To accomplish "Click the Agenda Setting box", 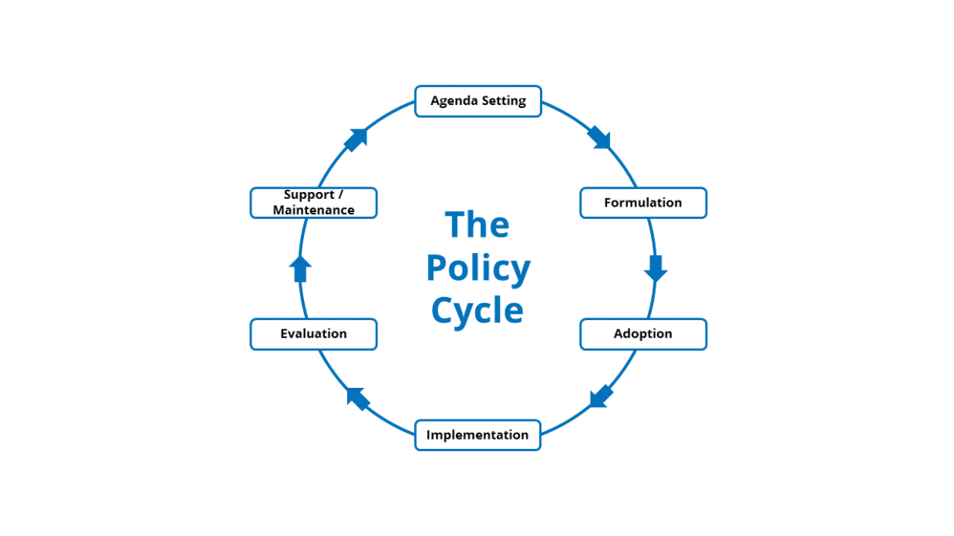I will (x=478, y=101).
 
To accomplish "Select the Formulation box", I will (x=643, y=203).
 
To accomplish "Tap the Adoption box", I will (x=643, y=334).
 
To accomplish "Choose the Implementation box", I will (x=478, y=436).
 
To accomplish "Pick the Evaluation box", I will (x=314, y=334).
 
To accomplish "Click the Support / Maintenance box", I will (x=314, y=203).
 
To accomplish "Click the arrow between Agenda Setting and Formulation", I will (x=599, y=138).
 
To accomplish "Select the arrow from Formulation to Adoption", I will (x=655, y=268).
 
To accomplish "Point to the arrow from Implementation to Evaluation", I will (x=358, y=397).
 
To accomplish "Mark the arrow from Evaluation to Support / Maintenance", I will (x=300, y=268).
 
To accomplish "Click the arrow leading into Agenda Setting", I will (x=356, y=139).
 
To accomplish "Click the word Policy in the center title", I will (x=478, y=269).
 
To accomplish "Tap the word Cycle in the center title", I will (x=477, y=311).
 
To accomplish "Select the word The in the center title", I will (x=477, y=225).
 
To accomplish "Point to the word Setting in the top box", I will (x=503, y=101).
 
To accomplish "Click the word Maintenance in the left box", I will (x=314, y=210).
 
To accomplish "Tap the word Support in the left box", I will (x=308, y=195).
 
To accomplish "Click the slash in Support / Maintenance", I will (x=340, y=195).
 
